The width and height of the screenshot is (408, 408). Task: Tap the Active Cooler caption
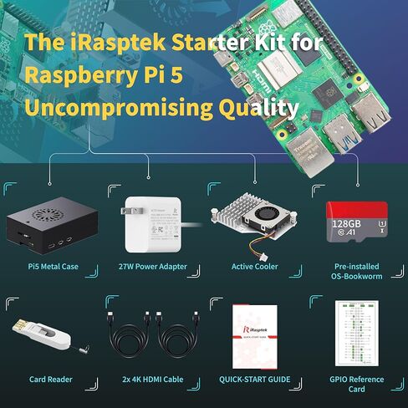[254, 267]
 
